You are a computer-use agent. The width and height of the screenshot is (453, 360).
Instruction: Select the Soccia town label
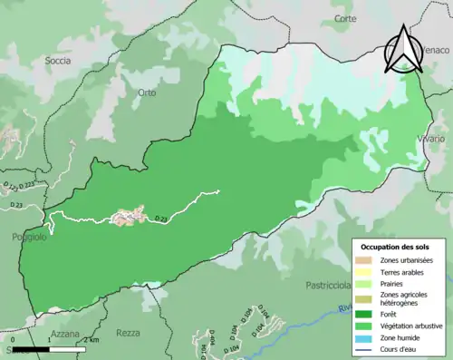[x=57, y=61]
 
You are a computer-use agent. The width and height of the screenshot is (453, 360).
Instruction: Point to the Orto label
[x=148, y=92]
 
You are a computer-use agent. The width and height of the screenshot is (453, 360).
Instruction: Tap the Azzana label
[x=65, y=334]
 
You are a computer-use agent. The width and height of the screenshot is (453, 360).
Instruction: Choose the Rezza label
[x=129, y=333]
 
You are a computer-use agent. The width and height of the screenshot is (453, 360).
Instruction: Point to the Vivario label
[x=431, y=138]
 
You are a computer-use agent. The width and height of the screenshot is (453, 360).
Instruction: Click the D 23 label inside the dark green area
[x=161, y=219]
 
